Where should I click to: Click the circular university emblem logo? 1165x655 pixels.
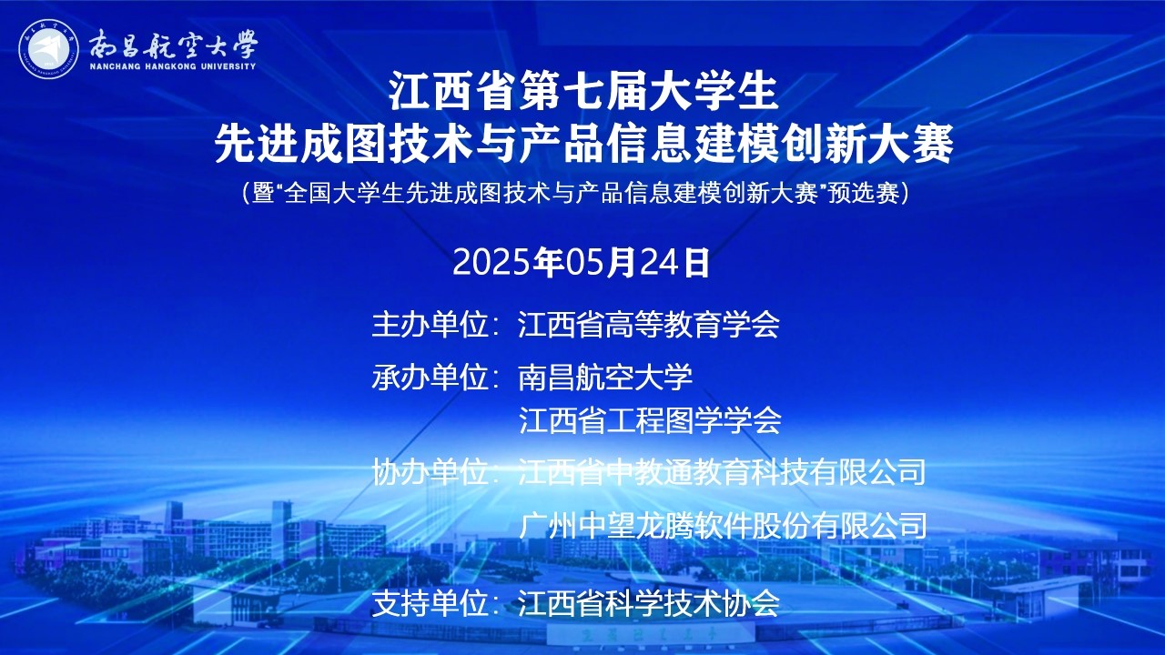click(48, 49)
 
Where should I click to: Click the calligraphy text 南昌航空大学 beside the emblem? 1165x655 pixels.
click(173, 45)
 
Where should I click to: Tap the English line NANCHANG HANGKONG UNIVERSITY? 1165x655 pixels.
click(173, 66)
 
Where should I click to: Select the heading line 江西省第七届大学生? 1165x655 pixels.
click(583, 93)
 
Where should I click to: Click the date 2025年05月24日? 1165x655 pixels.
click(582, 263)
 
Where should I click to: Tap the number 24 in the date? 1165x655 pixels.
click(659, 263)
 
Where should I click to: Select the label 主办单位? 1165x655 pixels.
click(430, 325)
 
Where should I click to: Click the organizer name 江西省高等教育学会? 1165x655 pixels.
click(649, 325)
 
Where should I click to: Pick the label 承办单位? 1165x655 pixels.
click(430, 377)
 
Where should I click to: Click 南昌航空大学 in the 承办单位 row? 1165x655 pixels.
click(605, 377)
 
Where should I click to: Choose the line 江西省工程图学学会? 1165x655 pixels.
click(650, 420)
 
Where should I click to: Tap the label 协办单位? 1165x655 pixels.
click(430, 471)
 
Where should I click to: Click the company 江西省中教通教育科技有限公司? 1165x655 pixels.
click(722, 471)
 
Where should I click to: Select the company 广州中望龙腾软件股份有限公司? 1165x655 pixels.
click(723, 526)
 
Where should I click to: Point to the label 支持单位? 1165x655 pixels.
click(430, 603)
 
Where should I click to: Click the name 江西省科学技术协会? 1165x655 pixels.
click(649, 603)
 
